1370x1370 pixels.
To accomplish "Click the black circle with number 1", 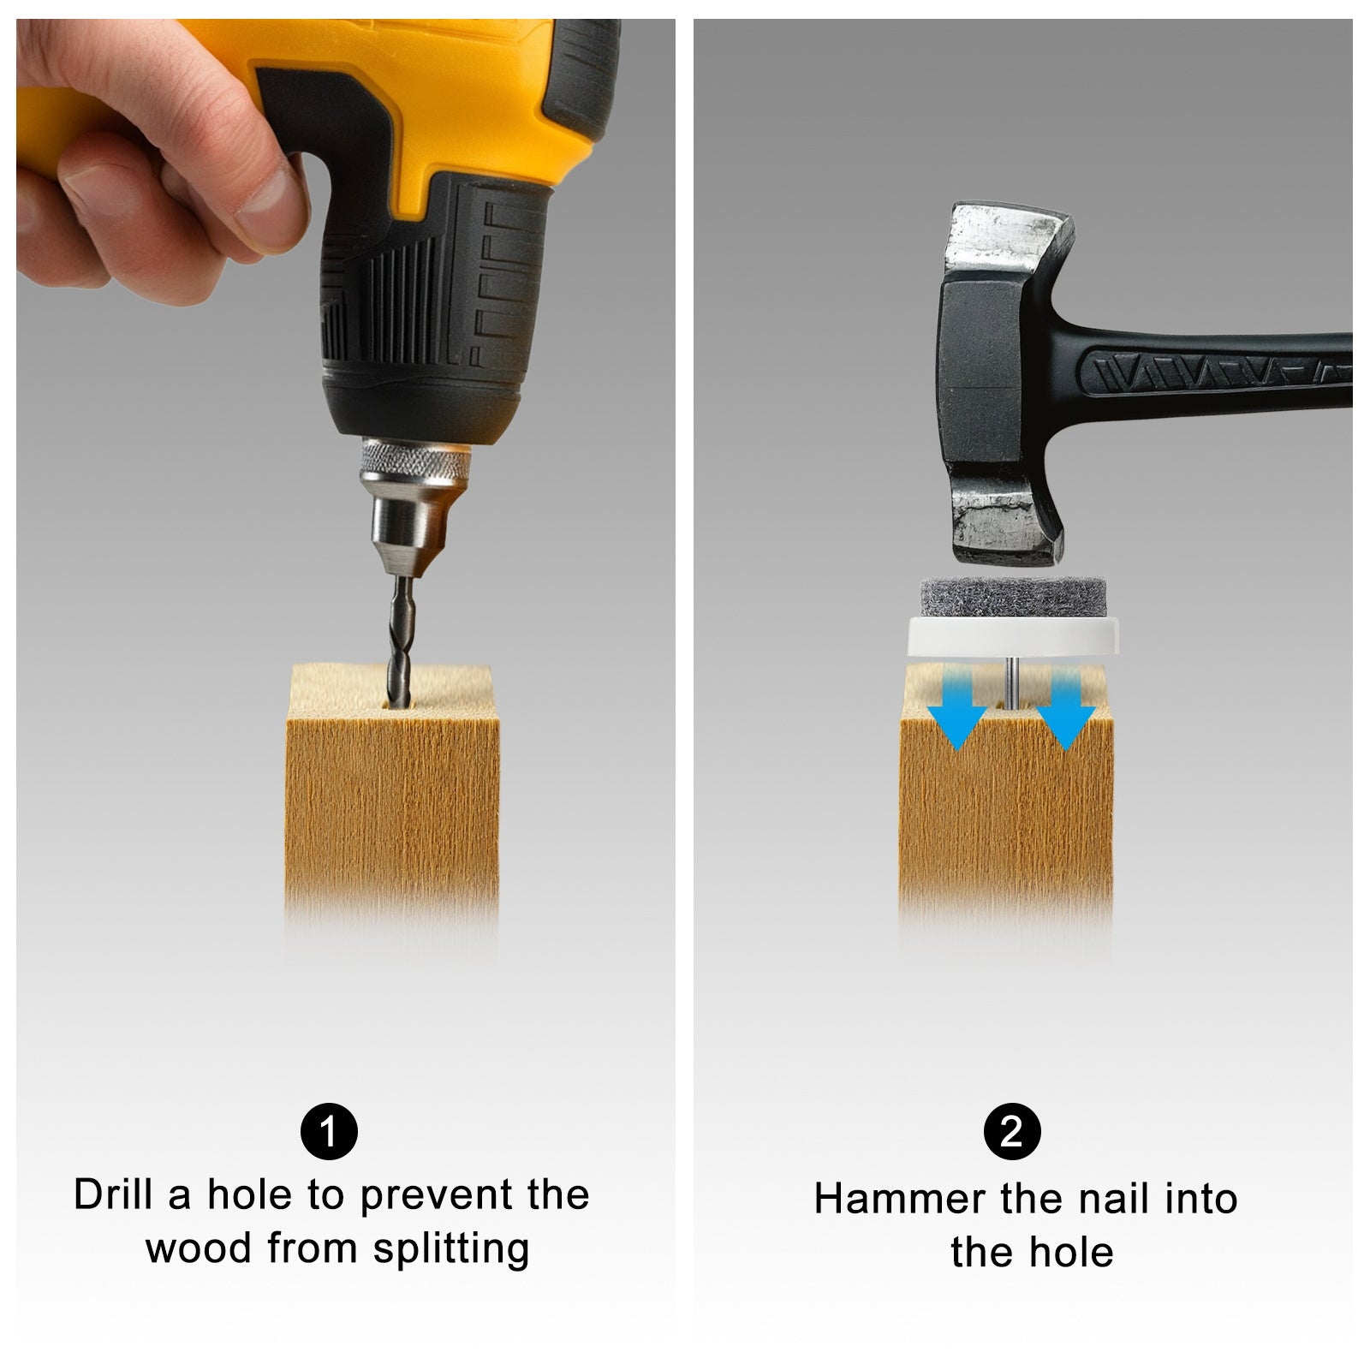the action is [329, 1132].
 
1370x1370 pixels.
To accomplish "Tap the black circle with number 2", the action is [1013, 1132].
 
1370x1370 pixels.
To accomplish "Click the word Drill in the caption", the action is [114, 1194].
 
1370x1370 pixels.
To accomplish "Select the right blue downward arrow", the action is [1065, 708].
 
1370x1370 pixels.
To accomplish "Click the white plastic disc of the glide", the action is [1011, 636].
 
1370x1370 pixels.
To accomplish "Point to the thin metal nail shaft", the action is [1012, 681].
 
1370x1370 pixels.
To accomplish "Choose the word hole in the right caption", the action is [1071, 1252].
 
